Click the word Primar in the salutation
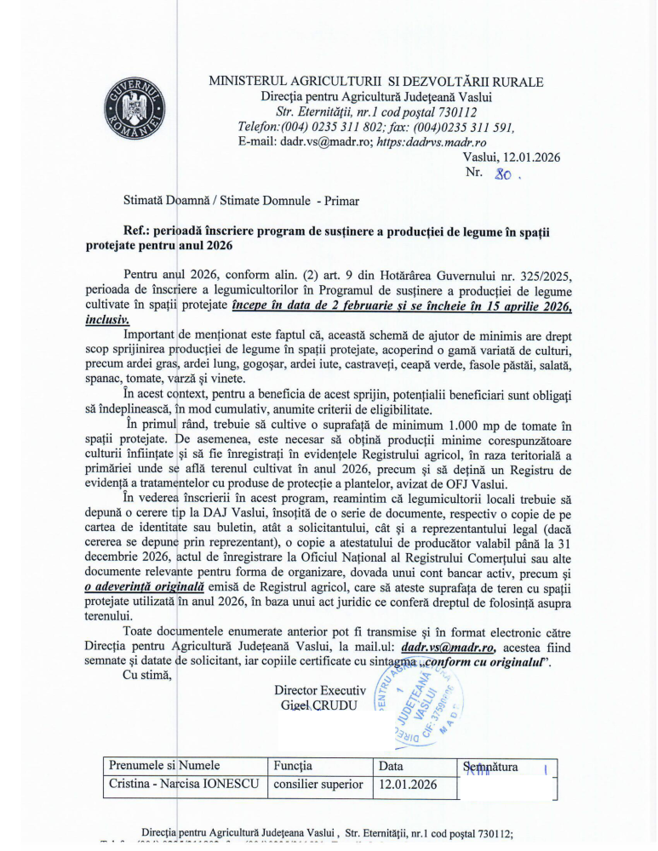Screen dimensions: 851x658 [x=341, y=202]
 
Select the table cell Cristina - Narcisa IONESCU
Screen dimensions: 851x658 [x=183, y=784]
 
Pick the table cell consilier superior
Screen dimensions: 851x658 [x=318, y=784]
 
